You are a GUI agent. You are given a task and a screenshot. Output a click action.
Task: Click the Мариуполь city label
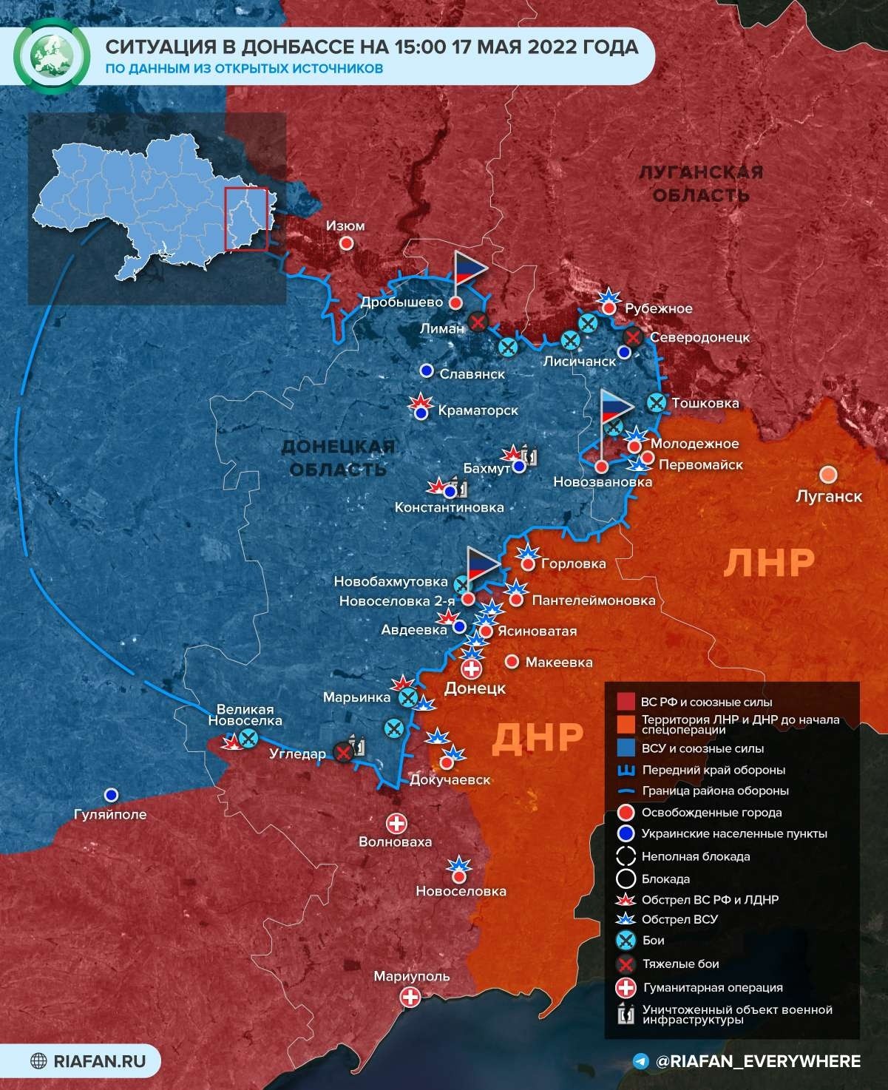(x=411, y=976)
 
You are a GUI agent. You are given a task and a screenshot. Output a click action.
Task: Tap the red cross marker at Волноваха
(x=397, y=823)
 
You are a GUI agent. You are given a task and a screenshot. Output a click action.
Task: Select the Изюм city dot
(x=345, y=243)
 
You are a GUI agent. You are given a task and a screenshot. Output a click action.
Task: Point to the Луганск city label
(x=828, y=495)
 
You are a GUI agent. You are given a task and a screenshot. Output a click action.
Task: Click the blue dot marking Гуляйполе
(x=112, y=794)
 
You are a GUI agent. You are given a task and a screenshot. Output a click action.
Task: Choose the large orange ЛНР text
(x=769, y=563)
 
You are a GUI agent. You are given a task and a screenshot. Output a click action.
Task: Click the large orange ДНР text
(x=537, y=737)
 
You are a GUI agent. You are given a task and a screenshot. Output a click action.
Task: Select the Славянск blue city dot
(x=426, y=370)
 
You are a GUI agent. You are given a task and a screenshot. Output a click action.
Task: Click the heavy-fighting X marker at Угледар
(x=342, y=752)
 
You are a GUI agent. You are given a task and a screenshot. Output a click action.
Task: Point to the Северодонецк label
(x=699, y=337)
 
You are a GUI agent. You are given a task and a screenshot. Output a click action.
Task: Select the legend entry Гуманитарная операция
(x=712, y=987)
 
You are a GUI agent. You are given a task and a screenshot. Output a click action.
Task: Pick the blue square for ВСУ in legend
(x=626, y=748)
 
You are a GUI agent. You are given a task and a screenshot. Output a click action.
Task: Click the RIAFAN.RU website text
(x=100, y=1062)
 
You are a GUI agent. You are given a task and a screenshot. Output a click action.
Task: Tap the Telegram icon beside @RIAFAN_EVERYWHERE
(x=641, y=1061)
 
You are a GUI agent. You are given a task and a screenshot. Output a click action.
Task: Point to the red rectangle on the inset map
(x=245, y=220)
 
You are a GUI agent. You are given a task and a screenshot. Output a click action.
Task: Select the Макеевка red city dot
(x=511, y=662)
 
